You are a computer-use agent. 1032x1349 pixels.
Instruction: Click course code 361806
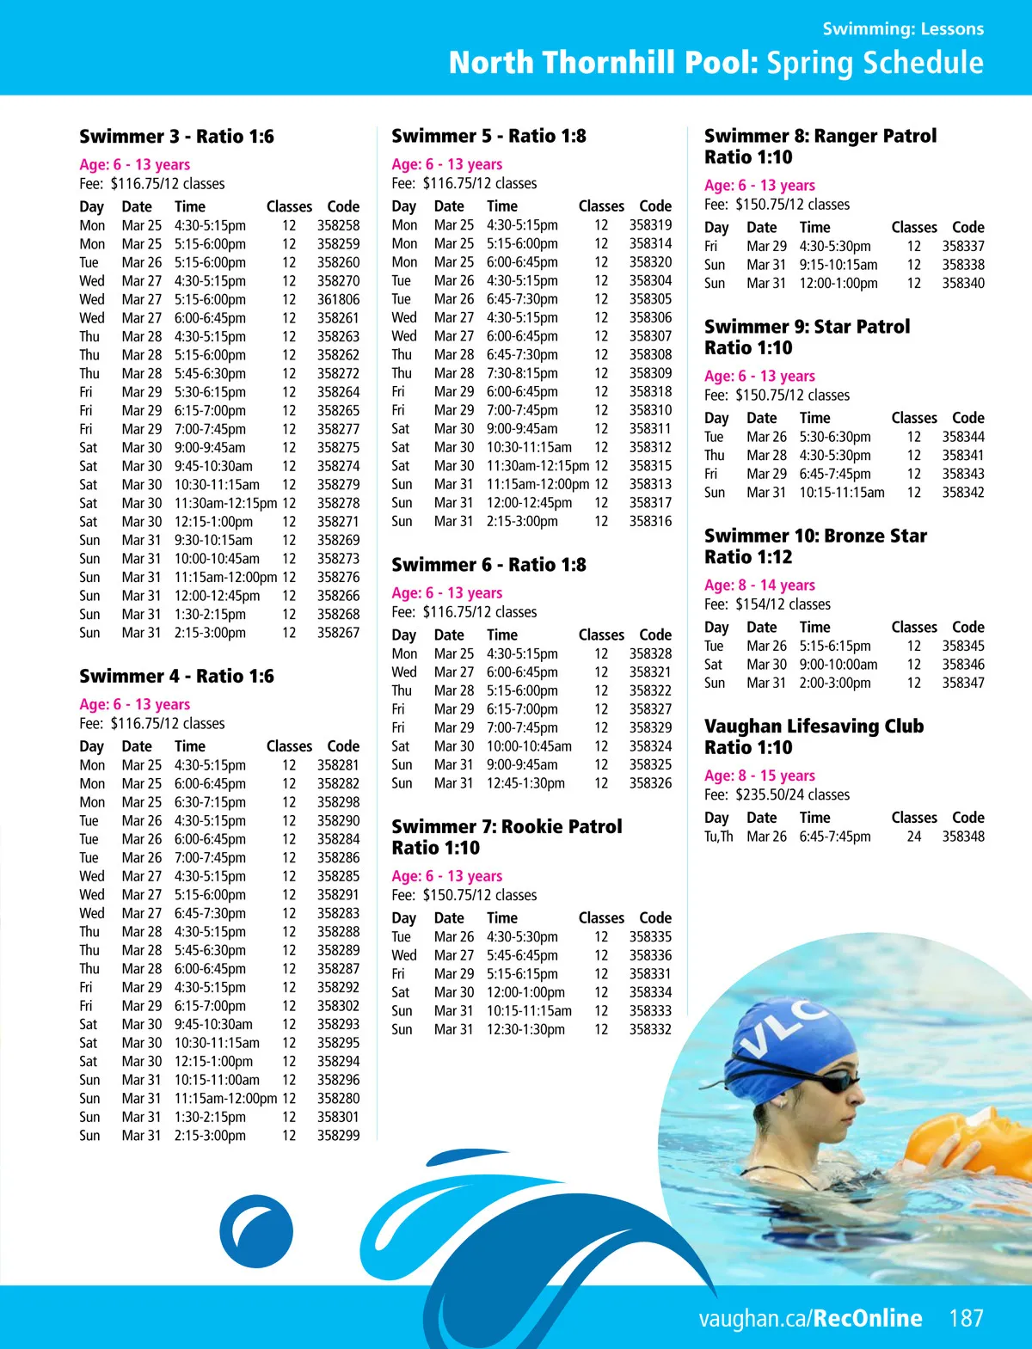coord(338,299)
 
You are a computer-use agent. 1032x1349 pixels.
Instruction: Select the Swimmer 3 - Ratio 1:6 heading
coord(176,137)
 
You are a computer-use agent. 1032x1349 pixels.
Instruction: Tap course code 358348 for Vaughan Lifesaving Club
coord(962,837)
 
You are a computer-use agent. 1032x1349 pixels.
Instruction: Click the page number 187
coord(966,1318)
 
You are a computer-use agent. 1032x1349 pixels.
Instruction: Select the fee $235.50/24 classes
coord(792,795)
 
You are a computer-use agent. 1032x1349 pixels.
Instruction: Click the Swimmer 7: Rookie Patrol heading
coord(507,827)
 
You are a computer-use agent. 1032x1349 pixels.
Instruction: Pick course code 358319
coord(650,225)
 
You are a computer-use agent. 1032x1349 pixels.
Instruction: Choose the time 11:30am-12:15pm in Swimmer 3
coord(225,503)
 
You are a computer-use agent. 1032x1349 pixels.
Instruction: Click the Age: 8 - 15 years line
coord(759,776)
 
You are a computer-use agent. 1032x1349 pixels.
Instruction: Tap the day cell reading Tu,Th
coord(718,837)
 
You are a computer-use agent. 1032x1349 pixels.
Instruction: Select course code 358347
coord(962,683)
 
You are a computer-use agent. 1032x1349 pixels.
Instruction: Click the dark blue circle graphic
coord(256,1231)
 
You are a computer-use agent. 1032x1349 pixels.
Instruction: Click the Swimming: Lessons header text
coord(903,29)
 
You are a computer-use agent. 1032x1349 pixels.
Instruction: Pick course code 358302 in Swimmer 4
coord(338,1006)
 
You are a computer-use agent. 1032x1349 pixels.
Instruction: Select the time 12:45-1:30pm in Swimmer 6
coord(525,783)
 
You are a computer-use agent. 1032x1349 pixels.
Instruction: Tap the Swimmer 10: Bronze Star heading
coord(814,537)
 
